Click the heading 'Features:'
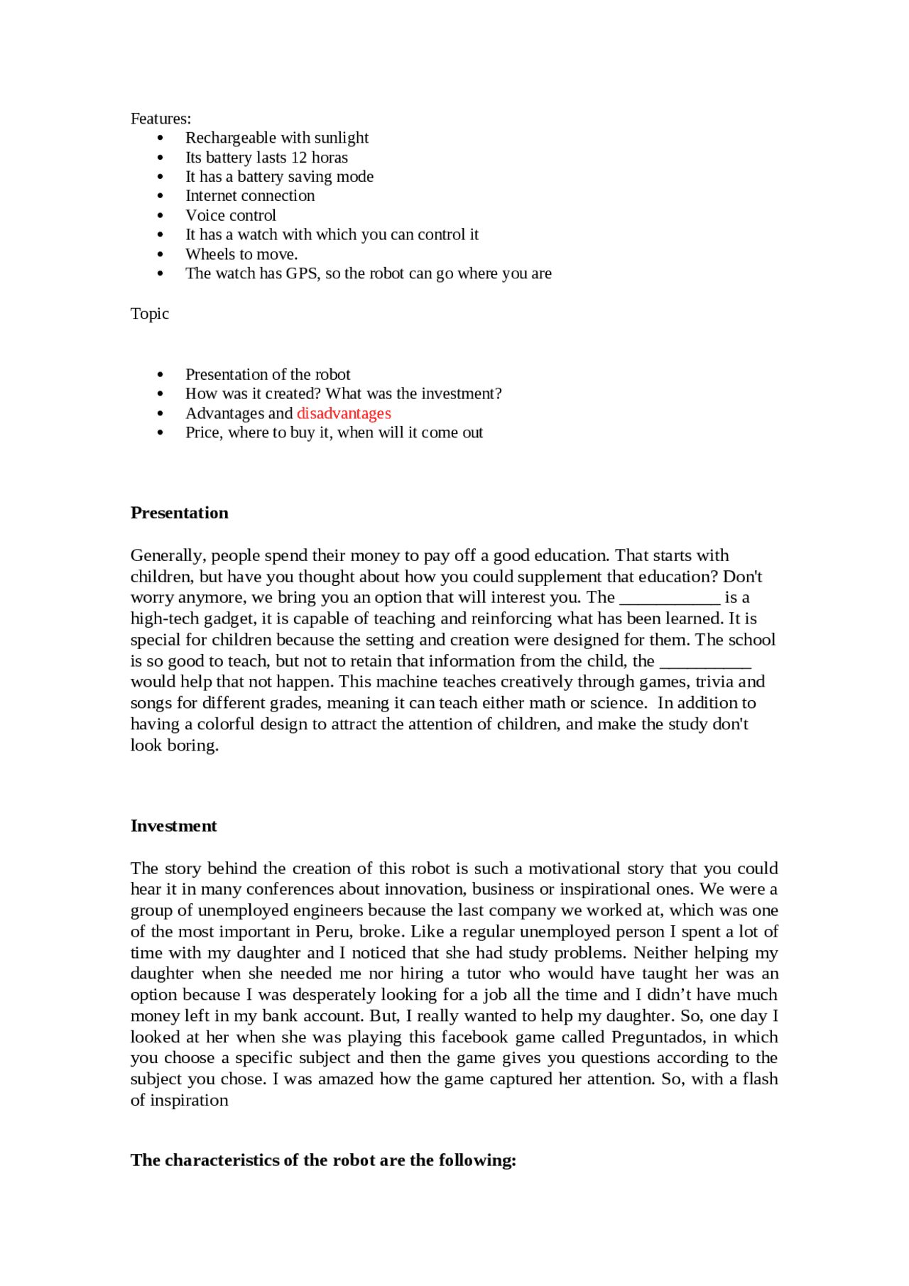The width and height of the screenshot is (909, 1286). click(160, 119)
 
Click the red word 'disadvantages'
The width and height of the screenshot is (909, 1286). click(344, 413)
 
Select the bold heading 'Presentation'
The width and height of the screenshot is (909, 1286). click(179, 513)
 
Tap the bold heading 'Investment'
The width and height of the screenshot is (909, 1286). click(173, 826)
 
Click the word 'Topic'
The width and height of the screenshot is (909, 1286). click(149, 314)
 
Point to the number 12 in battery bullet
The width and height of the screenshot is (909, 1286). click(299, 158)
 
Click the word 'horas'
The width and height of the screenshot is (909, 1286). click(330, 158)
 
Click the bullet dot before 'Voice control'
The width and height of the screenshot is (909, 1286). click(160, 216)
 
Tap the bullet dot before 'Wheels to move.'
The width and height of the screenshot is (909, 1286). click(160, 254)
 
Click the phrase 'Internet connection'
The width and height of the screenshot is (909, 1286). click(250, 196)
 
